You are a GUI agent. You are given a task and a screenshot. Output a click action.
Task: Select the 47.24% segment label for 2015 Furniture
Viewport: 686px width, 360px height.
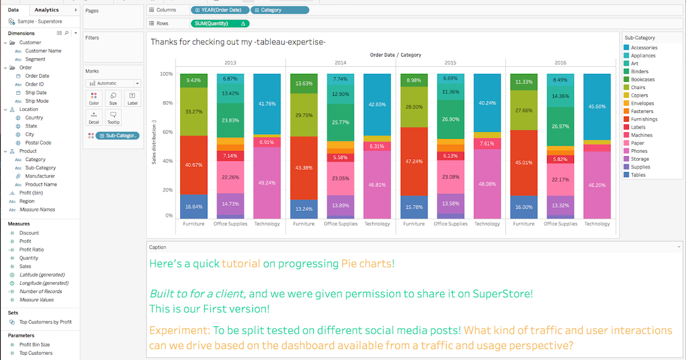tap(413, 161)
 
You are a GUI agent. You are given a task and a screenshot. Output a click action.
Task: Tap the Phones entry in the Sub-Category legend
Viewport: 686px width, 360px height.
tap(639, 151)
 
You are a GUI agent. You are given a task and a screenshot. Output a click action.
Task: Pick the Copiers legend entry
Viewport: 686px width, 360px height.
tap(639, 95)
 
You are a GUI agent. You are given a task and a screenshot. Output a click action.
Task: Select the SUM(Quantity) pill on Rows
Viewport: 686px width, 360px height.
tap(220, 23)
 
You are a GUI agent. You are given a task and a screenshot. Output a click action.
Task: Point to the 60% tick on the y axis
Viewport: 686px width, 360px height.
tap(166, 132)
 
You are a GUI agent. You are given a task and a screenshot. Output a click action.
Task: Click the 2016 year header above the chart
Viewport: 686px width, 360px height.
tap(560, 62)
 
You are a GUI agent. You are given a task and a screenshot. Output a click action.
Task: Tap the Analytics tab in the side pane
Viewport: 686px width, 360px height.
tap(46, 10)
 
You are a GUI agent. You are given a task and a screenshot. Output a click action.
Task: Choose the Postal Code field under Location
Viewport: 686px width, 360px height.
tap(38, 143)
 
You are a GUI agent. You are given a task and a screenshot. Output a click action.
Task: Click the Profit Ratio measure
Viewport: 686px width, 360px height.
tap(31, 250)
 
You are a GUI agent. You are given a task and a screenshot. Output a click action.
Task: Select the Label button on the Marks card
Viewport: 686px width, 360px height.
tap(132, 98)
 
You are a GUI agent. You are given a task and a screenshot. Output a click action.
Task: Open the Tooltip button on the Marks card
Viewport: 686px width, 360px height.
tap(113, 117)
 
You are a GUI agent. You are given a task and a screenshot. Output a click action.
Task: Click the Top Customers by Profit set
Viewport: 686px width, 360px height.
tap(45, 322)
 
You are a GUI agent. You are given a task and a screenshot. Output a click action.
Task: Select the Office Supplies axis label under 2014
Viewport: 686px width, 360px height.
tap(341, 224)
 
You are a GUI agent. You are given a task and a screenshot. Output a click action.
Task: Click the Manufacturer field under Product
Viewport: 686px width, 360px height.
tap(40, 176)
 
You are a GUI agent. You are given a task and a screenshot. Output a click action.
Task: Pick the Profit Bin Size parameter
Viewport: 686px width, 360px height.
tap(34, 345)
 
